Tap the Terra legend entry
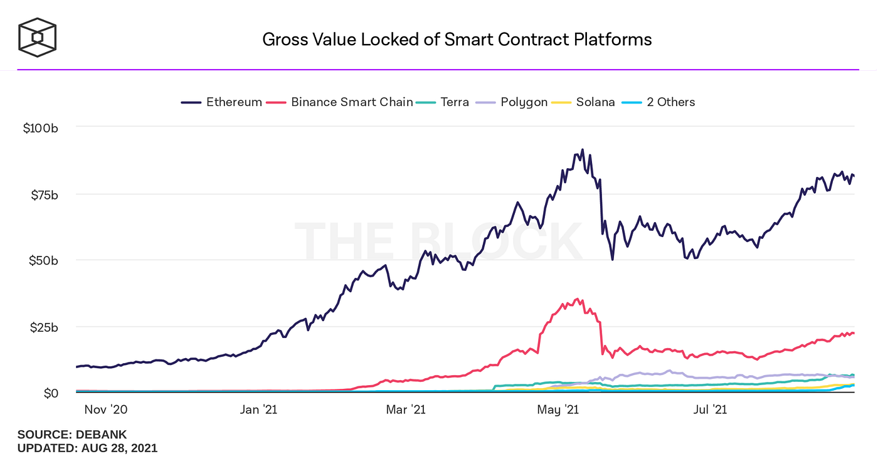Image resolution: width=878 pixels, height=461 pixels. click(444, 102)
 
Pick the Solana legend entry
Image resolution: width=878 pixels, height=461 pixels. click(586, 102)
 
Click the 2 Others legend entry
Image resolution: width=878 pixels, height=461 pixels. click(661, 102)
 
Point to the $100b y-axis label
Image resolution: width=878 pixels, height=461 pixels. click(41, 128)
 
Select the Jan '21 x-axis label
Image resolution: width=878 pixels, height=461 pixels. click(259, 410)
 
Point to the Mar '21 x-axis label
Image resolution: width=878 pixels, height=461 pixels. click(406, 410)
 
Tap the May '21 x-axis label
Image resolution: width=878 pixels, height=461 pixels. click(558, 410)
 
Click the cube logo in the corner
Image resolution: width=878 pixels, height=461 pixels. click(37, 36)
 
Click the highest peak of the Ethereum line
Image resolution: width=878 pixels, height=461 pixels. click(582, 150)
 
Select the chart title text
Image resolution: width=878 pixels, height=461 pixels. click(457, 40)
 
